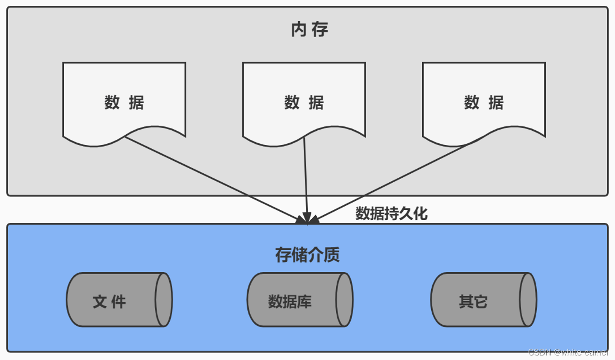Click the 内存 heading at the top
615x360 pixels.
coord(310,30)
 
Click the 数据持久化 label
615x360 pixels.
coord(391,213)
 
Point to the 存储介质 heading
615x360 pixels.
coord(307,255)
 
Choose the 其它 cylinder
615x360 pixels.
coord(477,299)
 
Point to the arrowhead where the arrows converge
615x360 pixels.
coord(307,219)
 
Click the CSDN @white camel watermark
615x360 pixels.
coord(568,352)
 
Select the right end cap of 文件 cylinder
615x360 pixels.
coord(163,299)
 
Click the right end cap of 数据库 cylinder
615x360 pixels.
coord(344,299)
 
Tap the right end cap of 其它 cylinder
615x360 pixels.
coord(528,299)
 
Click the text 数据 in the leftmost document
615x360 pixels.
coord(124,103)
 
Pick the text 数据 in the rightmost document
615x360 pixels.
coord(483,103)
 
